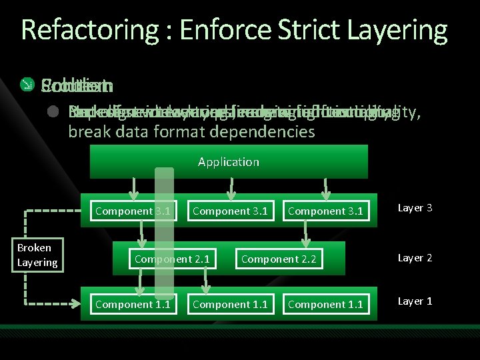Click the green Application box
tap(228, 161)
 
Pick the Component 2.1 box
tap(173, 258)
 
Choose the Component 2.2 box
tap(279, 258)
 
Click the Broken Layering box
tap(37, 255)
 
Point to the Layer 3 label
tap(415, 208)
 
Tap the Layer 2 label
tap(415, 257)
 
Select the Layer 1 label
tap(415, 301)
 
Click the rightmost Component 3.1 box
tap(325, 211)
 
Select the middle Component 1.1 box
tap(229, 305)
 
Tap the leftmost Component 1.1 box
tap(132, 305)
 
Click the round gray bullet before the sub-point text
tap(51, 112)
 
